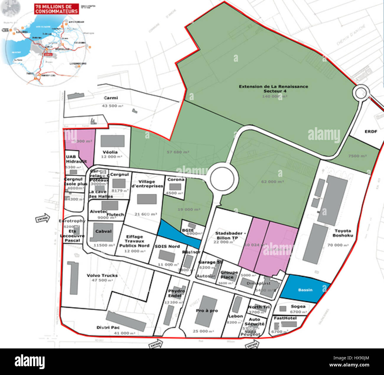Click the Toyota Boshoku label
[x=343, y=233]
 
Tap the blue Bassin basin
[x=305, y=289]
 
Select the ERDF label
[x=371, y=131]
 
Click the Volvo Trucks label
[x=102, y=275]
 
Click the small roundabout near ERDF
[x=362, y=93]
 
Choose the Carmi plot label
[x=111, y=98]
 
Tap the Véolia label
[x=110, y=152]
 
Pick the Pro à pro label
[x=207, y=311]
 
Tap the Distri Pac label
[x=108, y=327]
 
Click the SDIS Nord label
[x=167, y=246]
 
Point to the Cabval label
[x=103, y=231]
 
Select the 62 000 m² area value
[x=272, y=182]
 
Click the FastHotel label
[x=285, y=318]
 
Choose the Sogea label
[x=298, y=306]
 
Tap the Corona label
[x=176, y=180]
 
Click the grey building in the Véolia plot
[x=113, y=141]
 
